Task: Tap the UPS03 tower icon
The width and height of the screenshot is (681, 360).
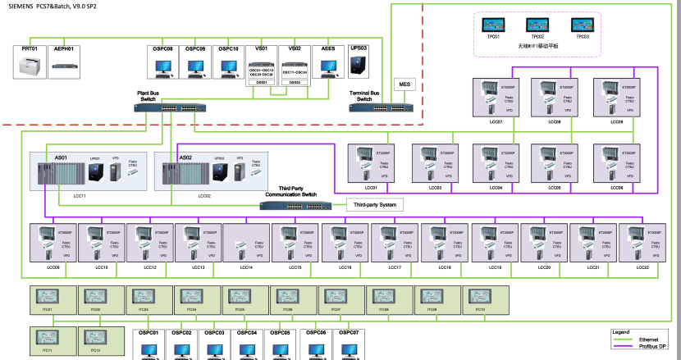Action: click(x=359, y=64)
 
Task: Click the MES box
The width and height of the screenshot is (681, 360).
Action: click(x=404, y=84)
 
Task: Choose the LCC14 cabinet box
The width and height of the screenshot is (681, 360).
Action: click(x=246, y=244)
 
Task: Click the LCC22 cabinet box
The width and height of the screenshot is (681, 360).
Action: click(x=642, y=244)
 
